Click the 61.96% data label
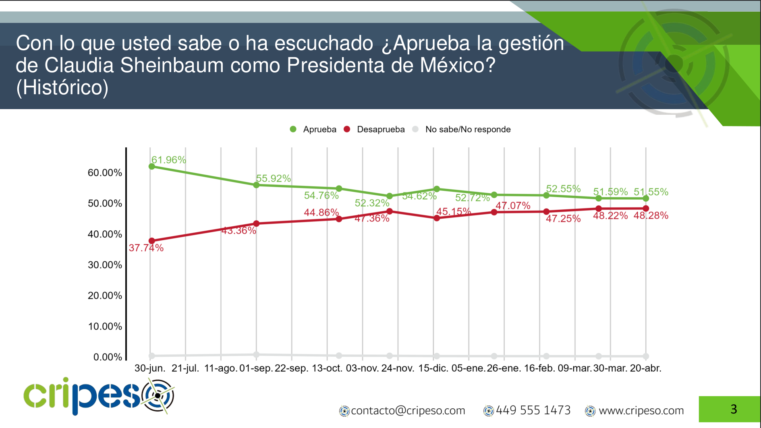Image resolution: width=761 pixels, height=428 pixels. [x=168, y=160]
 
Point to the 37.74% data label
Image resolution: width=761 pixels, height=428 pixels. [x=146, y=248]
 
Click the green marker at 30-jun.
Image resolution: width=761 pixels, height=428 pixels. [x=152, y=166]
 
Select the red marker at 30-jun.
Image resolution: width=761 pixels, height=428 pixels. [x=152, y=241]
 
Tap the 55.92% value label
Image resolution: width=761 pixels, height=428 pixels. [x=273, y=178]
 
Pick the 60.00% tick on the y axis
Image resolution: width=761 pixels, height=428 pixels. [x=105, y=173]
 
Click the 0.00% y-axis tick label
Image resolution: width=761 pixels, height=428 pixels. [x=108, y=357]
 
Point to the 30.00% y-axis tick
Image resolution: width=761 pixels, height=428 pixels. [x=105, y=265]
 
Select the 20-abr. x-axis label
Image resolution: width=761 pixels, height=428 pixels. [x=645, y=368]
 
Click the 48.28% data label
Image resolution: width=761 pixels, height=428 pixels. [x=651, y=215]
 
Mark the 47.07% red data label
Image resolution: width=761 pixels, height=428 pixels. [x=512, y=205]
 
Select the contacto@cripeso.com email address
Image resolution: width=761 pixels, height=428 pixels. [x=408, y=410]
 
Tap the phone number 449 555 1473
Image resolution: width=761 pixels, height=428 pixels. [x=533, y=410]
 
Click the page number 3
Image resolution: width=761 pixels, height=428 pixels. [x=734, y=409]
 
